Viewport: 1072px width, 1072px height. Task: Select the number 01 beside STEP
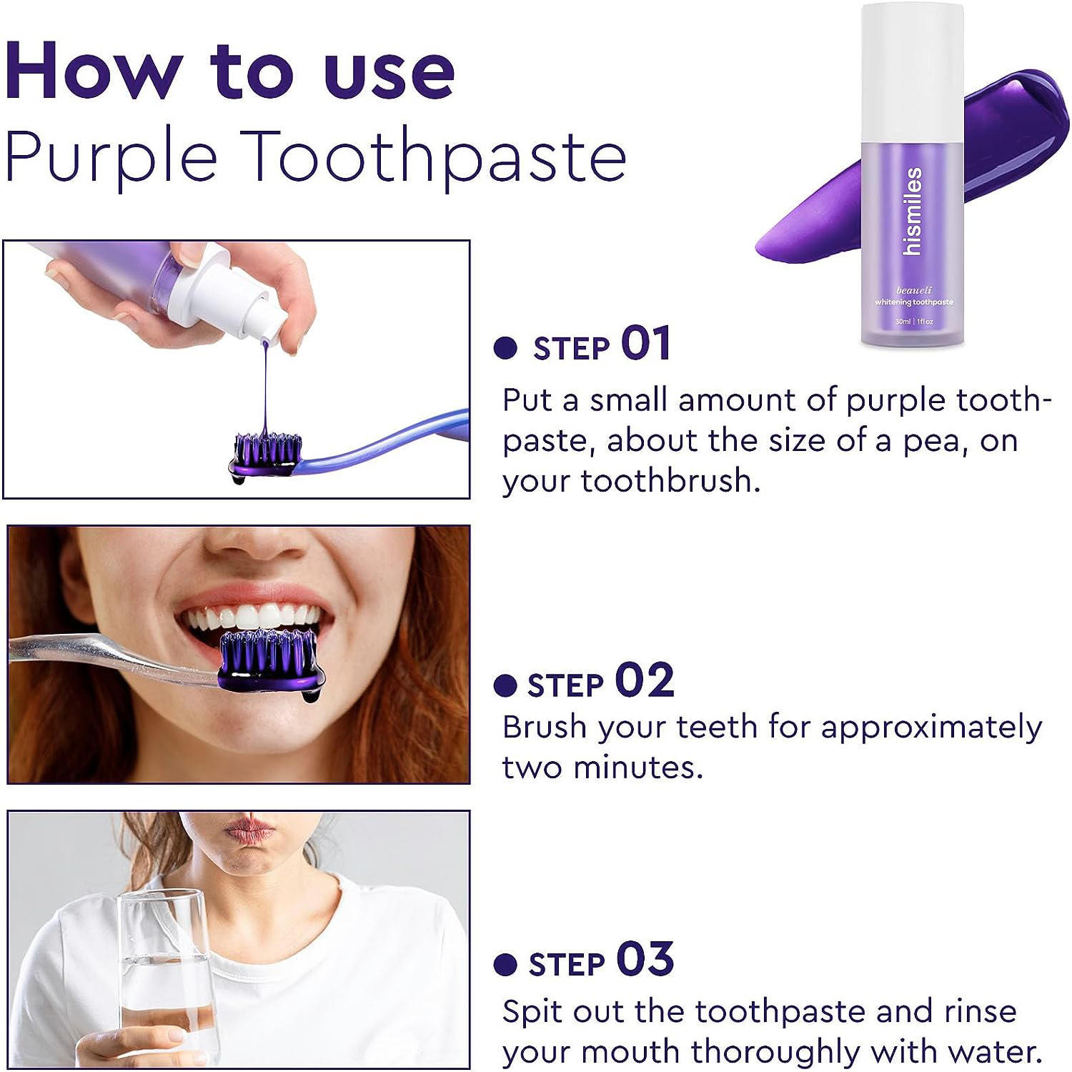[645, 344]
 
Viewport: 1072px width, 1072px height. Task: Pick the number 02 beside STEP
[644, 680]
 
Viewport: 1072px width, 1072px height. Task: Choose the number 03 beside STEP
[645, 960]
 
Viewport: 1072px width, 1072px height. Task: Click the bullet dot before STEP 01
[505, 348]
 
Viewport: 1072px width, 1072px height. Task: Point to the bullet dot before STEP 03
[505, 965]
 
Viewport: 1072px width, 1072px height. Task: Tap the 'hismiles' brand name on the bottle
[913, 212]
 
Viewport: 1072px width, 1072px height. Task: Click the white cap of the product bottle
[913, 71]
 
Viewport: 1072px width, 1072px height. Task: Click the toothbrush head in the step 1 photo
[265, 455]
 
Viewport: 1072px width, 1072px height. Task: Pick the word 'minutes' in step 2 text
[637, 768]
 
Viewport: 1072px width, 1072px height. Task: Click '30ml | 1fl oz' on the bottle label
[914, 322]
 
